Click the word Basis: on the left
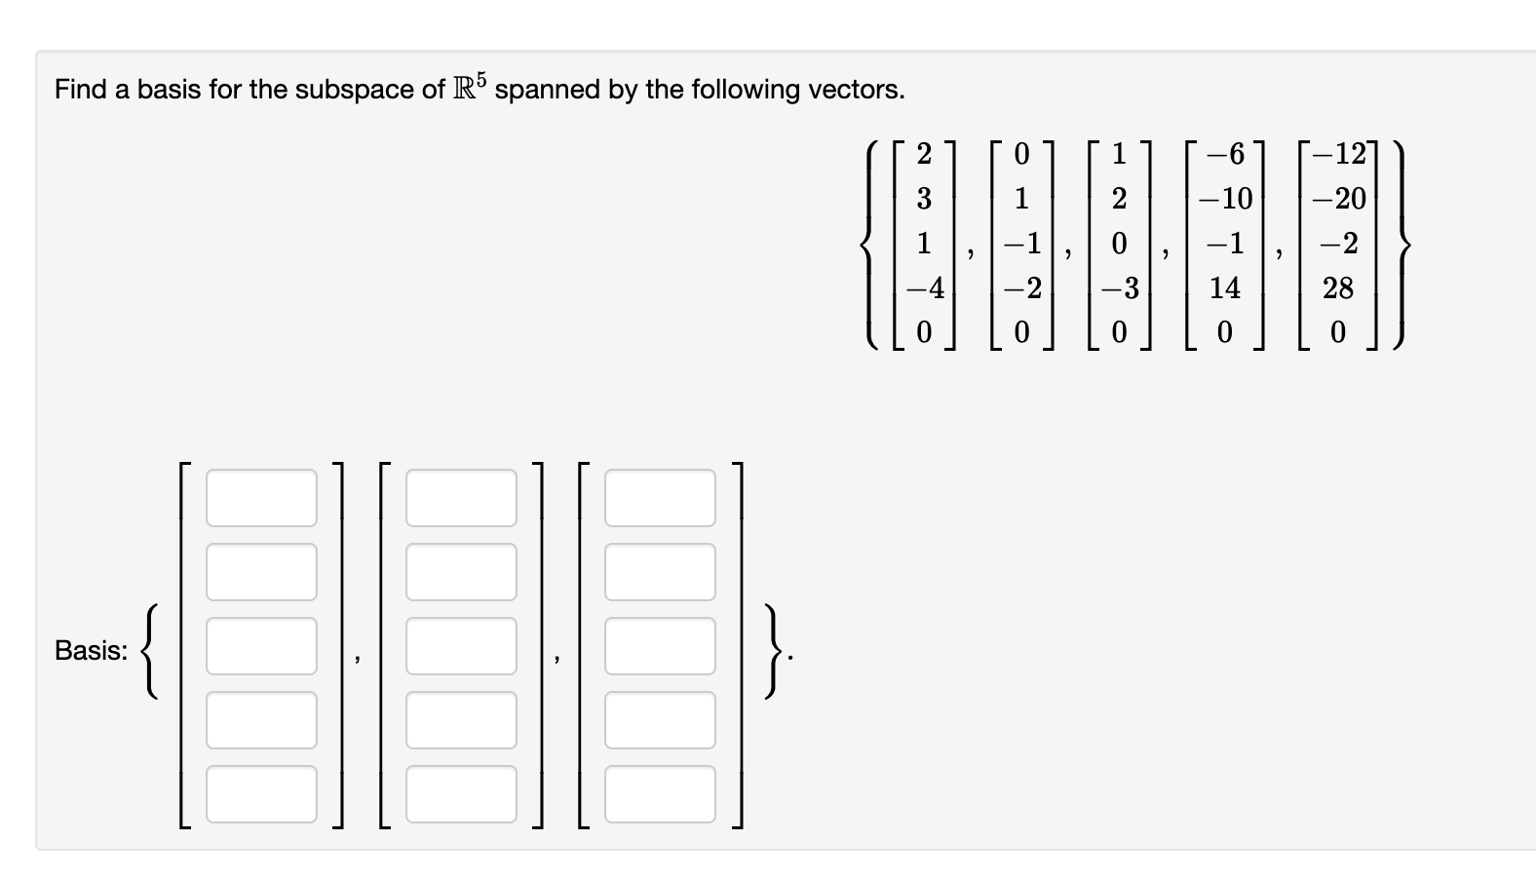[91, 651]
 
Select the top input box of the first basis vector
[261, 498]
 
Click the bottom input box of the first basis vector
[261, 793]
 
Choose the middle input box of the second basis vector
[461, 645]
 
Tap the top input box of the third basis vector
[660, 498]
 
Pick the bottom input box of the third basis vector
[660, 793]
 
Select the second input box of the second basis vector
[461, 572]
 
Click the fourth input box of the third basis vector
[660, 720]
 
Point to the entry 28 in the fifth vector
[1337, 287]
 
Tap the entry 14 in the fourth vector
[1224, 287]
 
